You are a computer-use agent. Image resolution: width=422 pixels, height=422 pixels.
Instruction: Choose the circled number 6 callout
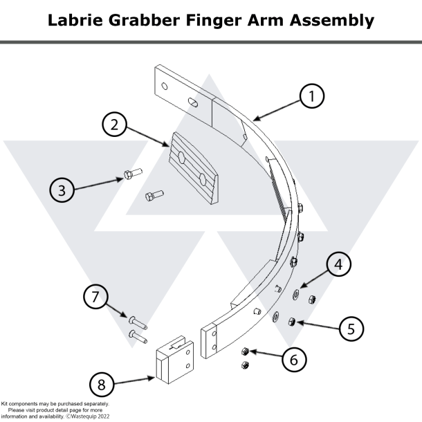293,360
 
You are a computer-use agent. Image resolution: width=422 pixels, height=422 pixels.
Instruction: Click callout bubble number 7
96,298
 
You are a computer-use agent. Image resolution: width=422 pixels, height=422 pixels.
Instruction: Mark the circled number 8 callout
102,385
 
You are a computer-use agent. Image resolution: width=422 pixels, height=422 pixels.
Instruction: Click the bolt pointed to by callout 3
131,173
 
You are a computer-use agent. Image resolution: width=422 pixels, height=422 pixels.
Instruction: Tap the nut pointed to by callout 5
293,322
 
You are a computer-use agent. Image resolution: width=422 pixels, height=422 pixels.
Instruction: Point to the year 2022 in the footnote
101,416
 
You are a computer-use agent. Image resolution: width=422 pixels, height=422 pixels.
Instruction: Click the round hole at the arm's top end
165,86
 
